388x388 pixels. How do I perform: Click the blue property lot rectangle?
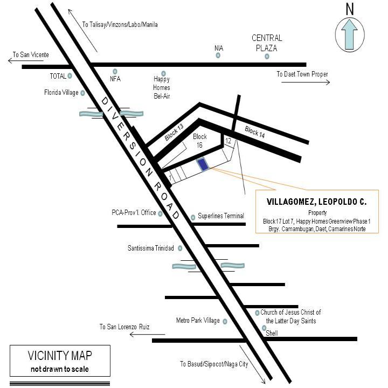tap(203, 164)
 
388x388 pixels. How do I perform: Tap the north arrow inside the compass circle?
tap(349, 34)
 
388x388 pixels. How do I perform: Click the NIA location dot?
tap(218, 56)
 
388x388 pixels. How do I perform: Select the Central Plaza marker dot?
tap(267, 57)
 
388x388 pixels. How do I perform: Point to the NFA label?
tap(115, 79)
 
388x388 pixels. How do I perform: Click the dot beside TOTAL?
tap(70, 76)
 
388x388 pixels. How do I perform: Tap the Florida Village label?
tap(61, 93)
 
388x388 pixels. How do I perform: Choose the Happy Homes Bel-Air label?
tap(162, 88)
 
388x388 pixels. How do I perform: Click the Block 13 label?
tap(174, 133)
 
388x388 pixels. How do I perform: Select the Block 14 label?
tap(254, 131)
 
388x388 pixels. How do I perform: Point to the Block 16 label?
tap(200, 141)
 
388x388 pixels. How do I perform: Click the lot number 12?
tap(228, 141)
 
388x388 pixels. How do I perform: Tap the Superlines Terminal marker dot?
tap(193, 218)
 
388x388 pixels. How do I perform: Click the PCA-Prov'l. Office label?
tap(134, 213)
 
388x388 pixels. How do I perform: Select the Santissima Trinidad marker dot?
tap(180, 248)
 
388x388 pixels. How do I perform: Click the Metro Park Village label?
tap(198, 321)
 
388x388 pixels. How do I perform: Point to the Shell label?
tap(272, 333)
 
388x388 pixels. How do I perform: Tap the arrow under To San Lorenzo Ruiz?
tap(148, 335)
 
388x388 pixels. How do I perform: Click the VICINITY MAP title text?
tap(60, 356)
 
